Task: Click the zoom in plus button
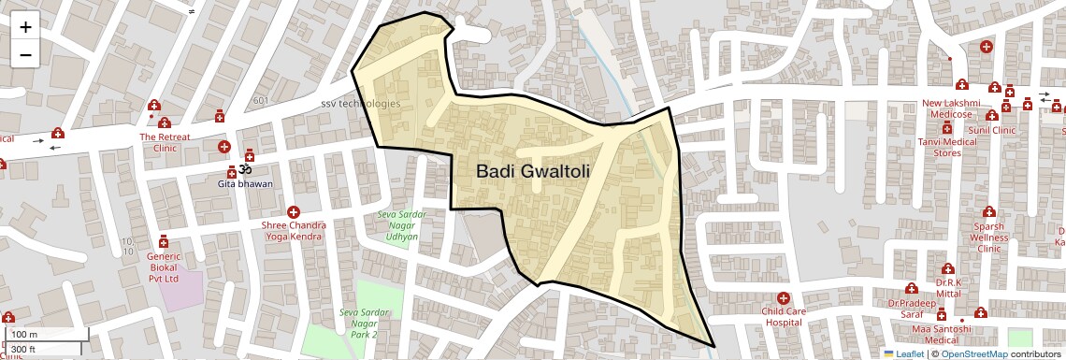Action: coord(25,27)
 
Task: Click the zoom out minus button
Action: coord(25,54)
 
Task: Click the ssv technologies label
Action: coord(360,104)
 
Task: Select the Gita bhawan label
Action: coord(246,183)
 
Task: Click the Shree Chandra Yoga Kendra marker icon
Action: coord(294,212)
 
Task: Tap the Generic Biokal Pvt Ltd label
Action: coord(164,266)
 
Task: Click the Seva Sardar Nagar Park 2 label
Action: coord(358,323)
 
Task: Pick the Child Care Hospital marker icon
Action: coord(783,297)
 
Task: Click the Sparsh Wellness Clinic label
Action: coord(988,238)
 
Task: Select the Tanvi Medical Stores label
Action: coord(947,147)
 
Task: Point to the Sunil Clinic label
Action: coord(991,130)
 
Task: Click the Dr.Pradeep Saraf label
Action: coord(912,309)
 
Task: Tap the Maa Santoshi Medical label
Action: coord(943,334)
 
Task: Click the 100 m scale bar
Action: coord(47,335)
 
